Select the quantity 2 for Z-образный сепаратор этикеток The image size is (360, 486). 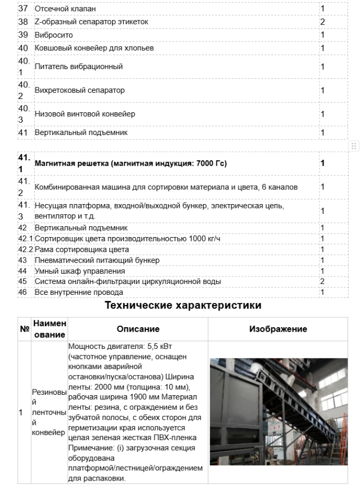322,22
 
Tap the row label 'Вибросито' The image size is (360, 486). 54,35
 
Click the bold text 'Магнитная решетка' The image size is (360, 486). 71,163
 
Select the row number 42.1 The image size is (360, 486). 26,239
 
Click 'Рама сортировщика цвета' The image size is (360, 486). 82,249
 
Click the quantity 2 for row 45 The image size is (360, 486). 322,281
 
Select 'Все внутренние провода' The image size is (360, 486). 78,292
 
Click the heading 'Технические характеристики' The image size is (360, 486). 183,306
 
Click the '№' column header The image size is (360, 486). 23,328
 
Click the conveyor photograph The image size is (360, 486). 279,411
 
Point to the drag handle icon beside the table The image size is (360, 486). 354,146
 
